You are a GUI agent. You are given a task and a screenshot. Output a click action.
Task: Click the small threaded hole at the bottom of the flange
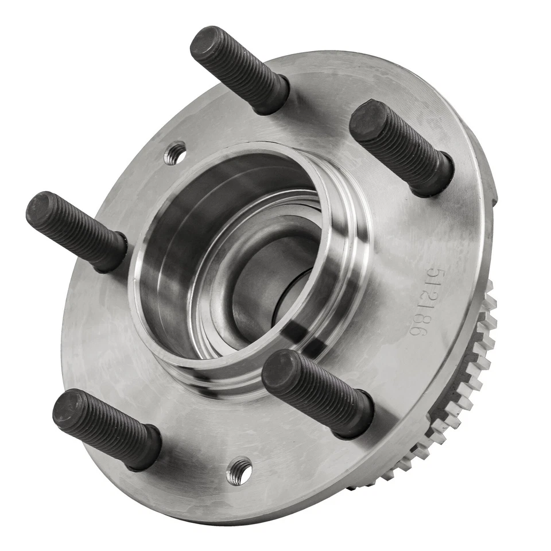240,471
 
